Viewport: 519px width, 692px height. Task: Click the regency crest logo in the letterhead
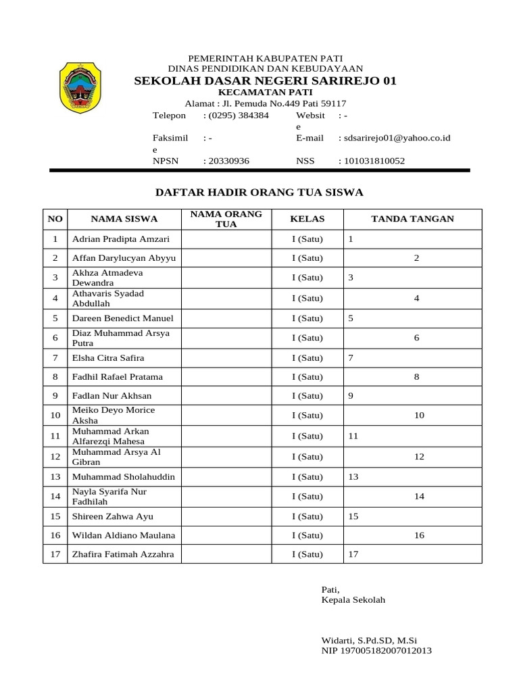[x=80, y=87]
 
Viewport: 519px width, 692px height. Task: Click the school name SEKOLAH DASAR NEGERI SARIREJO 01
[x=266, y=81]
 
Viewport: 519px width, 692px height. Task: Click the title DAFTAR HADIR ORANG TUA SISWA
[x=259, y=193]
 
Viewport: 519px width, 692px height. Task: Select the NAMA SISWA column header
[x=124, y=219]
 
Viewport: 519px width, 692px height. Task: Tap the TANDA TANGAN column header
[x=412, y=219]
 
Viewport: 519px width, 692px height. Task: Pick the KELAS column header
[x=307, y=219]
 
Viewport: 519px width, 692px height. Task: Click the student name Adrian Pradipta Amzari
[x=121, y=239]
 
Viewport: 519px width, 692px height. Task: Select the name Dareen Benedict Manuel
[x=123, y=318]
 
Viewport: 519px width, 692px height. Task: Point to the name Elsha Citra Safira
[x=108, y=357]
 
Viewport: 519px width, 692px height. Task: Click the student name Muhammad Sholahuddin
[x=124, y=476]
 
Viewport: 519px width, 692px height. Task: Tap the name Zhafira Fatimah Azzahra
[x=123, y=554]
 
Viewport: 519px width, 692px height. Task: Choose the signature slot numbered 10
[x=419, y=416]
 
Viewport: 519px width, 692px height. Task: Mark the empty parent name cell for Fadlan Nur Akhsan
[x=226, y=396]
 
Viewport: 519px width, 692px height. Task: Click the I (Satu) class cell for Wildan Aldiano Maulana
[x=307, y=535]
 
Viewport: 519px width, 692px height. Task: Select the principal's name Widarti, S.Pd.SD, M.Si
[x=374, y=640]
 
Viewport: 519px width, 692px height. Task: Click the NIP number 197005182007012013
[x=376, y=651]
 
